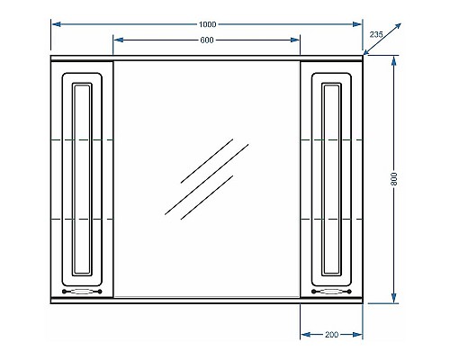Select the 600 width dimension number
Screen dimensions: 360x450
(x=207, y=40)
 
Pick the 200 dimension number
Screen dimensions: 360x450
(x=331, y=335)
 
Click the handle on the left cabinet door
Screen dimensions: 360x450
(x=83, y=291)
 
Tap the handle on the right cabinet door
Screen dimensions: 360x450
(x=331, y=291)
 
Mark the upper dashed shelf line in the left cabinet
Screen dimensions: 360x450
(x=83, y=141)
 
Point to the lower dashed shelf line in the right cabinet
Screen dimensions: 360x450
(x=331, y=220)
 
